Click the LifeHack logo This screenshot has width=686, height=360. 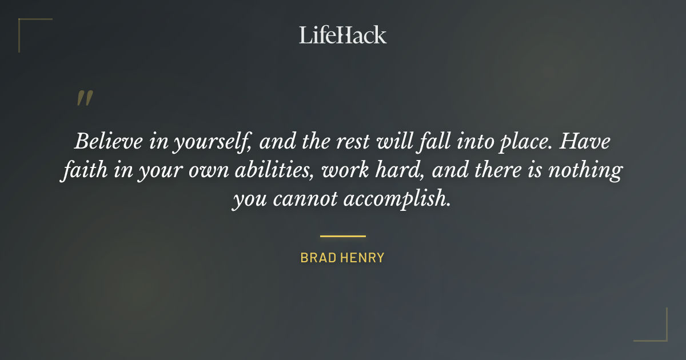tap(342, 35)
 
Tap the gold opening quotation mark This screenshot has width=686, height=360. tap(84, 98)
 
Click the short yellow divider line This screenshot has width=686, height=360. tap(342, 235)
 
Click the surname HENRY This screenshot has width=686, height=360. tap(362, 258)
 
